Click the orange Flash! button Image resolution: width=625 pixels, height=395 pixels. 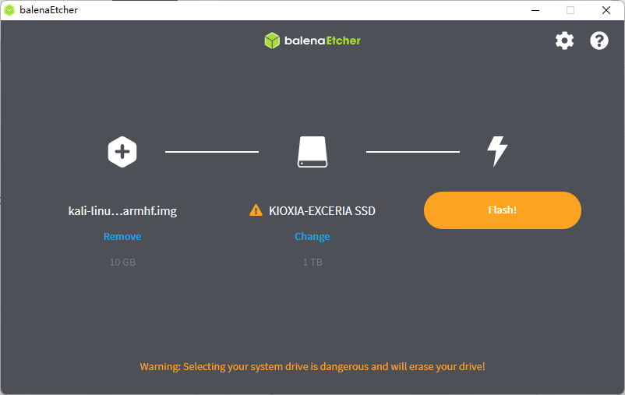[503, 210]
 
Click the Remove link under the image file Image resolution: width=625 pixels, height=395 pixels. [122, 236]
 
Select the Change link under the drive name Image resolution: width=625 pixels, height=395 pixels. [312, 236]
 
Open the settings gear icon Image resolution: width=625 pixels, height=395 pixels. [564, 41]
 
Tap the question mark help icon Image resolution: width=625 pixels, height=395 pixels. [599, 41]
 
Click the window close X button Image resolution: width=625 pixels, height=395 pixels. [606, 10]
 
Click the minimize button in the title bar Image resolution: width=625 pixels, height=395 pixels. [535, 10]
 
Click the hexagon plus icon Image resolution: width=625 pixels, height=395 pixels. [122, 151]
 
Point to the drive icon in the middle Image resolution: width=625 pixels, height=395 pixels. [312, 152]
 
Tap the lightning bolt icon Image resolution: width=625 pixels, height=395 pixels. [497, 151]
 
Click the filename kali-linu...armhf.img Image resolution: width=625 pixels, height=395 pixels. [122, 210]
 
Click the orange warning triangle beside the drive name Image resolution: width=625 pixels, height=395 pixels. [256, 210]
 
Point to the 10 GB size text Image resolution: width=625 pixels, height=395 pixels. [122, 263]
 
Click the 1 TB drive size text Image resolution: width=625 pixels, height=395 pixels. [312, 263]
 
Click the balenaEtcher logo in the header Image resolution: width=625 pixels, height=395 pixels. [312, 41]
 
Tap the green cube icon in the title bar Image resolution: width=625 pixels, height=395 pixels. [9, 10]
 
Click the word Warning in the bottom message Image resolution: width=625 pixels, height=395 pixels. [159, 366]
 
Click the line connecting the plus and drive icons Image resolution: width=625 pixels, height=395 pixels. [212, 152]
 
